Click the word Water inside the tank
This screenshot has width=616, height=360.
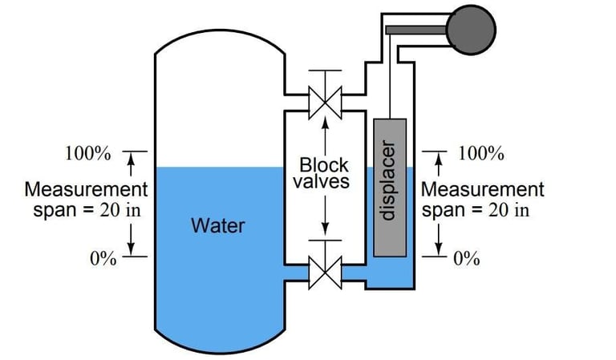click(x=217, y=225)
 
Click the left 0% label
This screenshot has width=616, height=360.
click(x=103, y=258)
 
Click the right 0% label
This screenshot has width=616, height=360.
click(x=467, y=258)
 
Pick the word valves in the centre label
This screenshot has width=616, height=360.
click(x=321, y=181)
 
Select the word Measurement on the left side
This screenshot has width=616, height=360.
click(x=87, y=191)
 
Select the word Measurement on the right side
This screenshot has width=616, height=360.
click(x=483, y=191)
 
